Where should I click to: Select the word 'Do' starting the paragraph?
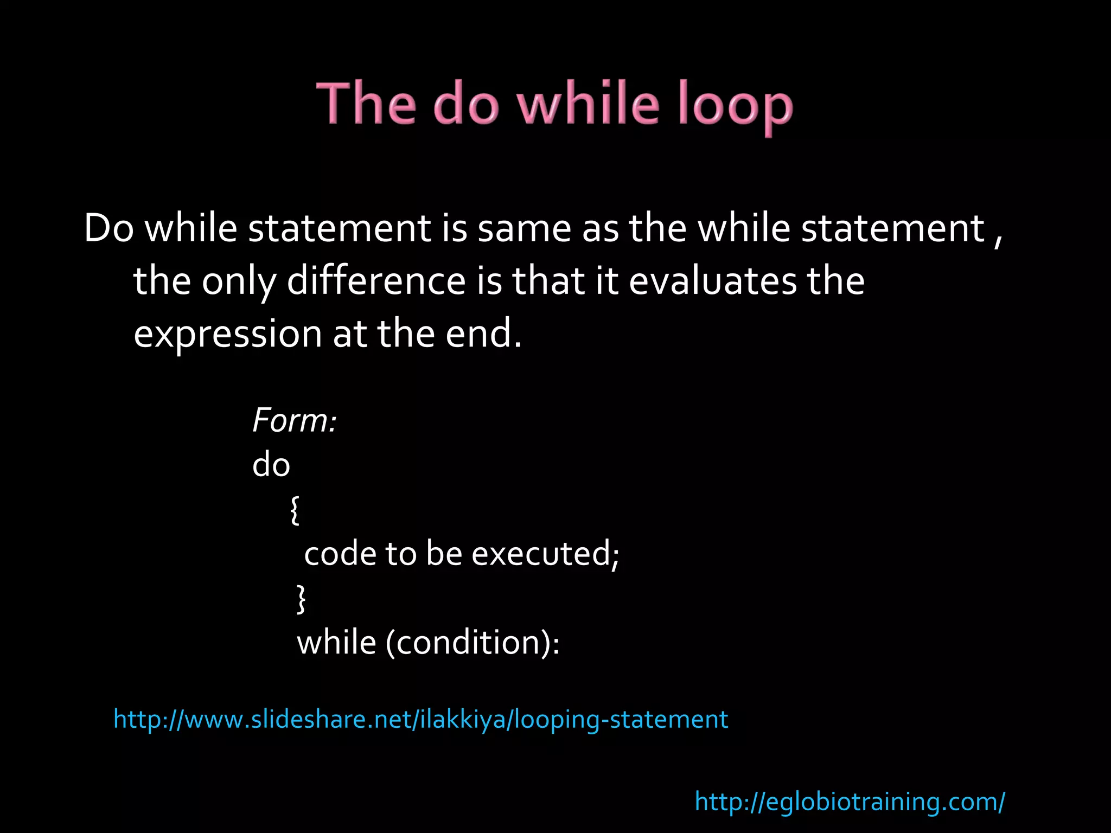[x=108, y=228]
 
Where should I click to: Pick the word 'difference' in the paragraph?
[x=376, y=281]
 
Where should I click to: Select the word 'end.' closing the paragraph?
[x=483, y=333]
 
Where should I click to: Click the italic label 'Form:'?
[x=295, y=420]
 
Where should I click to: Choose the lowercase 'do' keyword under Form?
[x=271, y=465]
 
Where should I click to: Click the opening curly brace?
[x=295, y=510]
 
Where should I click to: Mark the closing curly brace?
[x=301, y=599]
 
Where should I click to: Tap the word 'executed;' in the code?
[x=545, y=554]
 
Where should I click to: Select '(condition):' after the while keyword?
[x=473, y=643]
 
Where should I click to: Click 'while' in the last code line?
[x=336, y=643]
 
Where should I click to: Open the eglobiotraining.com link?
[x=850, y=802]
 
